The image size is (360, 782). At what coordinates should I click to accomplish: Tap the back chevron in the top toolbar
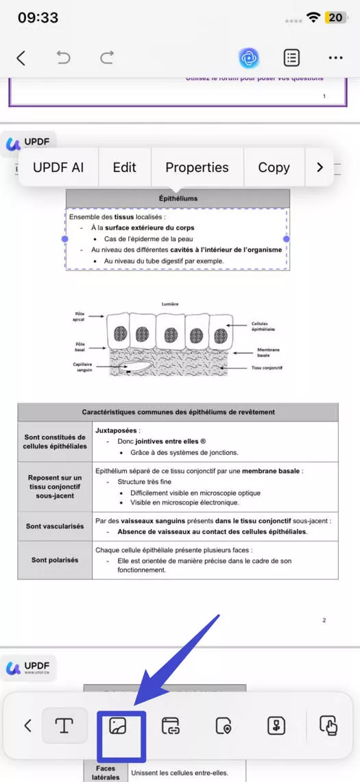coord(21,58)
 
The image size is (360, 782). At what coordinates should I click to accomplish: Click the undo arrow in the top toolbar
coord(64,58)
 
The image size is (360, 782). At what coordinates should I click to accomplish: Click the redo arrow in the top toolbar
coord(107,58)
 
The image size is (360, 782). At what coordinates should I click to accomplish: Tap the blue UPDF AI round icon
coord(249,58)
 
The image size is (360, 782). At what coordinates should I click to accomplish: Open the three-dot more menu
coord(335,58)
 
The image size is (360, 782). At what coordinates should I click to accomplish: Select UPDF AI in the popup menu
coord(58,167)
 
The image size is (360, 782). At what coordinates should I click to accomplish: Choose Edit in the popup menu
coord(125,167)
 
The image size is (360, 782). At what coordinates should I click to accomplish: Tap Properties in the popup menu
coord(197,167)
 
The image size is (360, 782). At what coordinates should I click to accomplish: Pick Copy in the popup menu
coord(274,167)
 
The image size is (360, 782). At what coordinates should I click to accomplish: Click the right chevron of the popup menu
coord(320,167)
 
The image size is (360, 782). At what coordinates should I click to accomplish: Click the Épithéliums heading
coord(178,199)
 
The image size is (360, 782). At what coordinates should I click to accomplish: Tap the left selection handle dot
coord(65,239)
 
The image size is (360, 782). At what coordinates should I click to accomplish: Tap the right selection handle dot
coord(287,239)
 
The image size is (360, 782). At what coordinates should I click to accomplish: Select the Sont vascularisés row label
coord(55,526)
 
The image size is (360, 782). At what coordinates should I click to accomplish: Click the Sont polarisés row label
coord(55,560)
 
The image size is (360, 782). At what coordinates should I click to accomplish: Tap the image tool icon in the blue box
coord(117,725)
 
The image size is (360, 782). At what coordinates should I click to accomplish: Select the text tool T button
coord(64,725)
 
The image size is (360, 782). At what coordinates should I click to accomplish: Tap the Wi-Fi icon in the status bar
coord(314,17)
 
